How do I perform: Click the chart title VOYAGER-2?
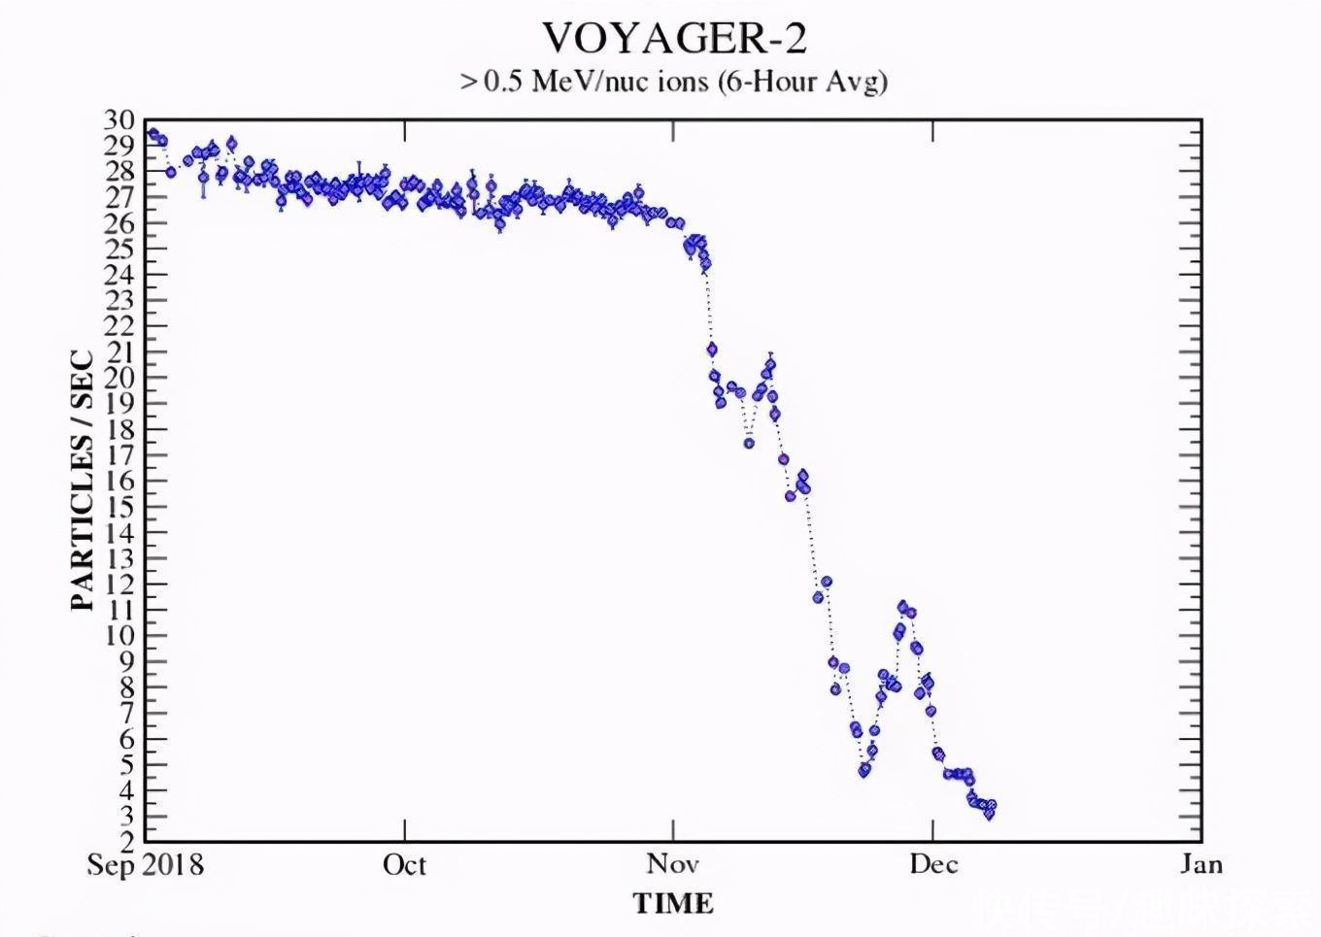674,39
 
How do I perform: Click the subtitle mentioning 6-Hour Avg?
674,82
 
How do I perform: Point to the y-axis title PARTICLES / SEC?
83,482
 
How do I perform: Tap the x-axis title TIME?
673,904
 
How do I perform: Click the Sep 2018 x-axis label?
146,865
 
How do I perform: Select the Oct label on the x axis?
404,865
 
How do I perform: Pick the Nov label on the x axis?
672,865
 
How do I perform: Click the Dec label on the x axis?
933,865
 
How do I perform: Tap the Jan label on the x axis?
1201,865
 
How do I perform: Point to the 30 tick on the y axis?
119,120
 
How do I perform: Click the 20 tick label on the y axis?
119,378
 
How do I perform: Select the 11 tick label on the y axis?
119,610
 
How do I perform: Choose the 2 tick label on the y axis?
126,842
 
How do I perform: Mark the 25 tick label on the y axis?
119,249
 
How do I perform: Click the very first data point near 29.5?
152,134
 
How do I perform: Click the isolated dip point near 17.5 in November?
749,443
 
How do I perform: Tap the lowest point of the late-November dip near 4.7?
864,770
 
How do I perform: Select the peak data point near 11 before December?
902,607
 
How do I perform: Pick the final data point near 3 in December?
989,814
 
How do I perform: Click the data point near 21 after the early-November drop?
712,349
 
